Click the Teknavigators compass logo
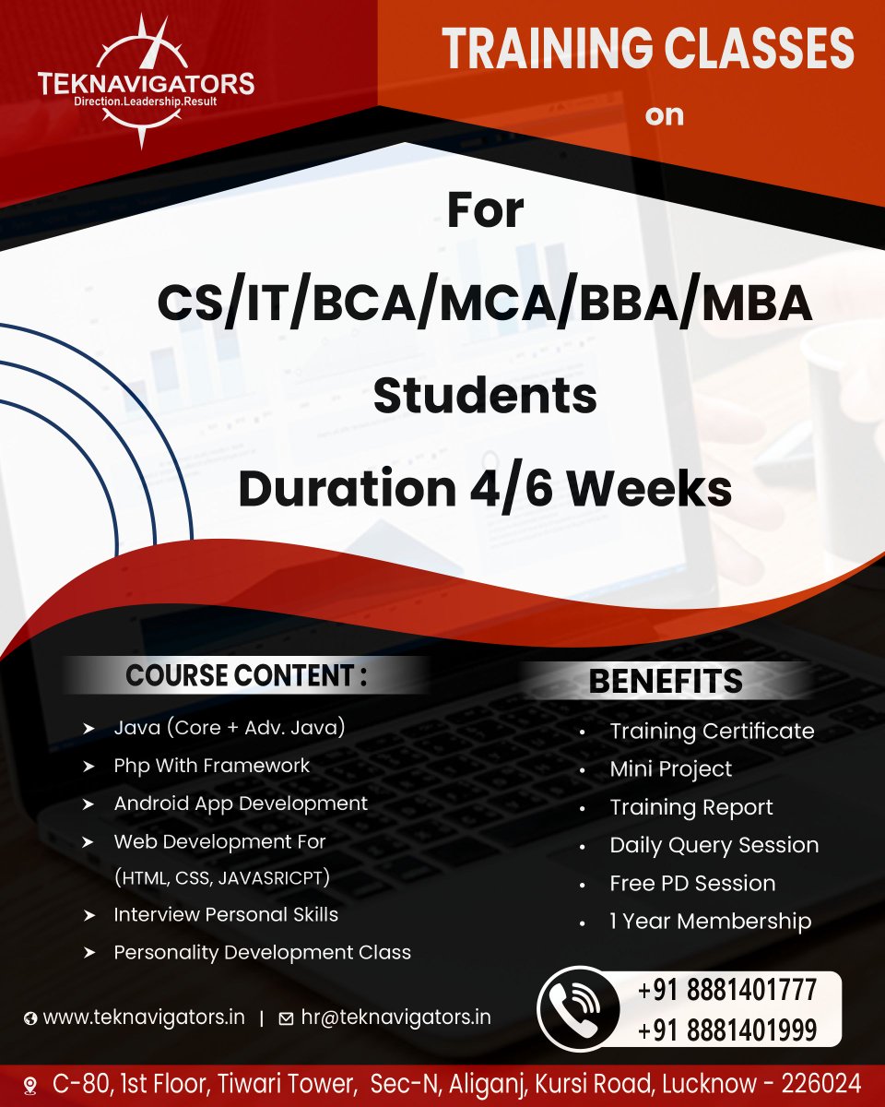coord(146,81)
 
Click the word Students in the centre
coord(485,396)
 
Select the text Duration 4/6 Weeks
coord(485,489)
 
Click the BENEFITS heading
coord(666,682)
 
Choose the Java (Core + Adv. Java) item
coord(230,728)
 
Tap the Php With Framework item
coord(212,766)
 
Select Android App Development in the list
coord(241,803)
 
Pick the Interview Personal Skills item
coord(226,914)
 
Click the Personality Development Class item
coord(263,952)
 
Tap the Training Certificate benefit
coord(712,732)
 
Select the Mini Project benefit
coord(671,769)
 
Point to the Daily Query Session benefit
coord(714,845)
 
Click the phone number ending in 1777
coord(727,991)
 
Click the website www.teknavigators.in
coord(144,1018)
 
